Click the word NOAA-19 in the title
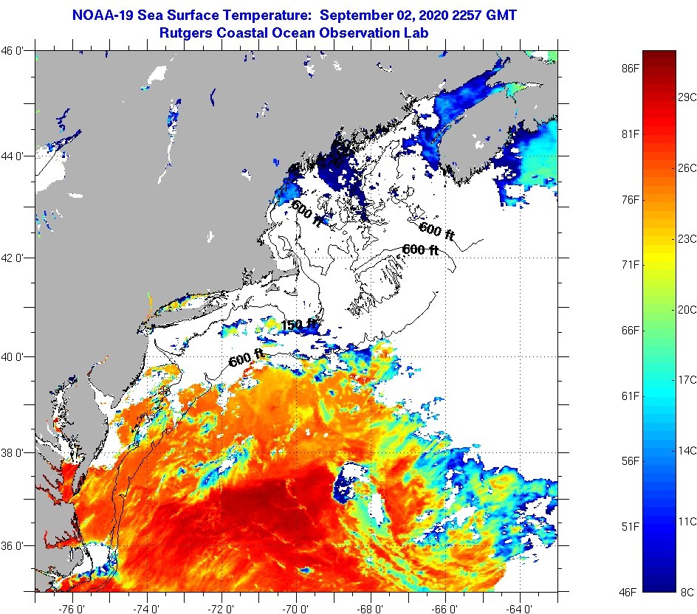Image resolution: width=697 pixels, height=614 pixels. [101, 14]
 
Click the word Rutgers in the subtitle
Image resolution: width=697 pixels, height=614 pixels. [185, 32]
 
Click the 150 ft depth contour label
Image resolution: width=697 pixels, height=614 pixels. [298, 323]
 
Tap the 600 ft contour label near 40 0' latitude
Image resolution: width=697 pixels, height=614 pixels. [247, 359]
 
